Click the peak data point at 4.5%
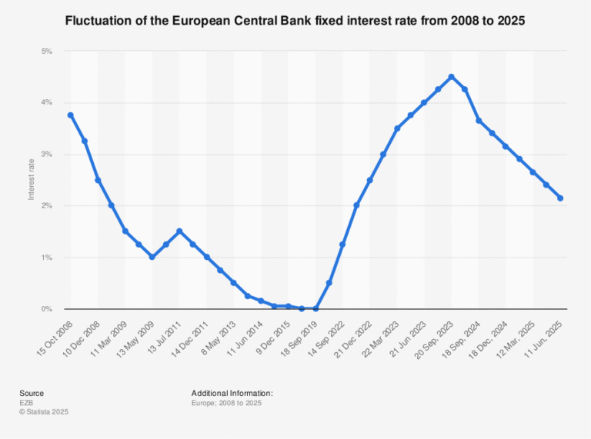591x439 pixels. pos(451,77)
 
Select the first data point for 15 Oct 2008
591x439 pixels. pos(71,115)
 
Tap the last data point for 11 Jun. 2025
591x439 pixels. pos(559,198)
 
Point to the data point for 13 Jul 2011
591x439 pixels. pos(179,231)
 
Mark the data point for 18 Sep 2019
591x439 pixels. pos(316,308)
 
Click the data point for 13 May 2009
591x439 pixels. pos(152,257)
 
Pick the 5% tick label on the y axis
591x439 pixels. pos(46,52)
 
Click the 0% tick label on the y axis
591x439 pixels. pos(46,309)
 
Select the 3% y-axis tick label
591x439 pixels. pos(46,155)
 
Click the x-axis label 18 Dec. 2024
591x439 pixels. pos(490,336)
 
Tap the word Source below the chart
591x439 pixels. pos(32,393)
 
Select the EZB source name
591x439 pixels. pos(27,402)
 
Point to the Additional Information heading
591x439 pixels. pos(232,393)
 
